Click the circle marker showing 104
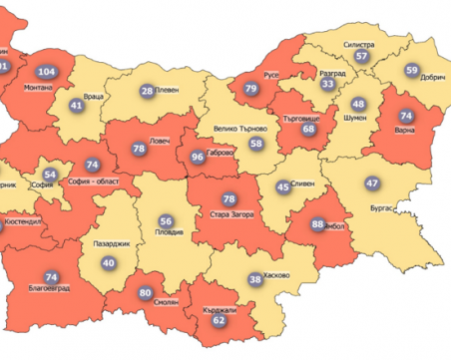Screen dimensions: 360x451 (46, 72)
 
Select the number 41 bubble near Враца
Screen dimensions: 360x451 (76, 105)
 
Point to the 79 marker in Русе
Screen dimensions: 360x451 (251, 90)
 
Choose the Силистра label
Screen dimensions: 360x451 (359, 45)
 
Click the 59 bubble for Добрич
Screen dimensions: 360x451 (412, 70)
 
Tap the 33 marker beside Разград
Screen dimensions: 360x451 (327, 85)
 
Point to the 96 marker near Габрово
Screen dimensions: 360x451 (197, 157)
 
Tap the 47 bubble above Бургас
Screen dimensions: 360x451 (372, 183)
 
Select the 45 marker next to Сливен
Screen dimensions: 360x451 (283, 186)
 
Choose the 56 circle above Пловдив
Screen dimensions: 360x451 (167, 220)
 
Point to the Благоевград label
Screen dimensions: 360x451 (50, 290)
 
